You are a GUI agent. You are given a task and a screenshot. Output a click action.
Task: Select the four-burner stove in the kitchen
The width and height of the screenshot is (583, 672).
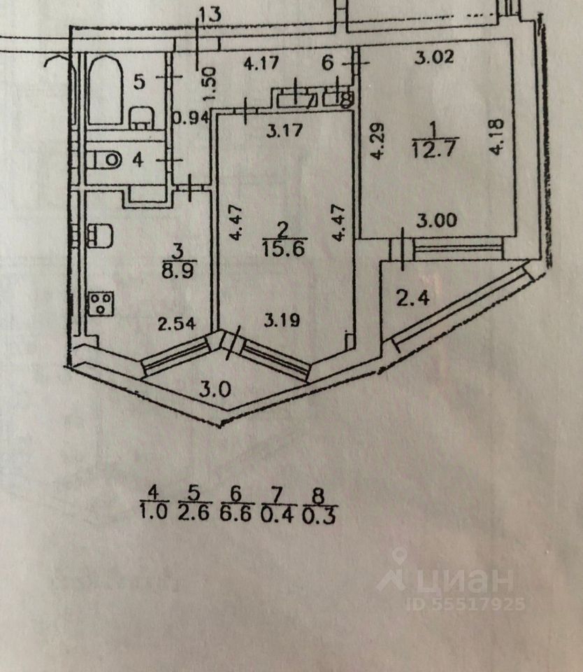click(x=99, y=304)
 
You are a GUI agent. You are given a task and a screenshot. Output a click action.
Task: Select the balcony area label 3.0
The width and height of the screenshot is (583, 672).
click(x=215, y=390)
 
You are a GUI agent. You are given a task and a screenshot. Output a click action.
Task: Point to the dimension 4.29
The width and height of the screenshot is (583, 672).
click(x=378, y=142)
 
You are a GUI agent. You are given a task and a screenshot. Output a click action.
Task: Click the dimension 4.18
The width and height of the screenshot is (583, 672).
click(x=497, y=139)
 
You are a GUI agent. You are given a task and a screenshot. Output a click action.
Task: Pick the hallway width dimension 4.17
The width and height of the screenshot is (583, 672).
click(x=261, y=62)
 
